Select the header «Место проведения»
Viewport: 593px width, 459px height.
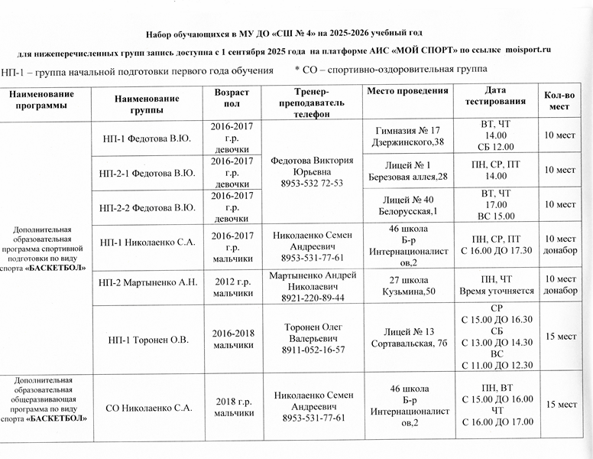[407, 92]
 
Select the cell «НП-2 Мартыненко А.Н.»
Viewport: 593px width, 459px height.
[148, 282]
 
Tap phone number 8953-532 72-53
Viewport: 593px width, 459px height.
[313, 184]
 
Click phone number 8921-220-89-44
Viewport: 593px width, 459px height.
[313, 297]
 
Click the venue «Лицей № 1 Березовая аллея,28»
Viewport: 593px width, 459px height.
[407, 171]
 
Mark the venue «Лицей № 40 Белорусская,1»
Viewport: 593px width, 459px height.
[407, 205]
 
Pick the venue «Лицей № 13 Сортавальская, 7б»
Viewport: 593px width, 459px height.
[407, 337]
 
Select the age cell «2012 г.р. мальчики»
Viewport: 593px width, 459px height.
[233, 286]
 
